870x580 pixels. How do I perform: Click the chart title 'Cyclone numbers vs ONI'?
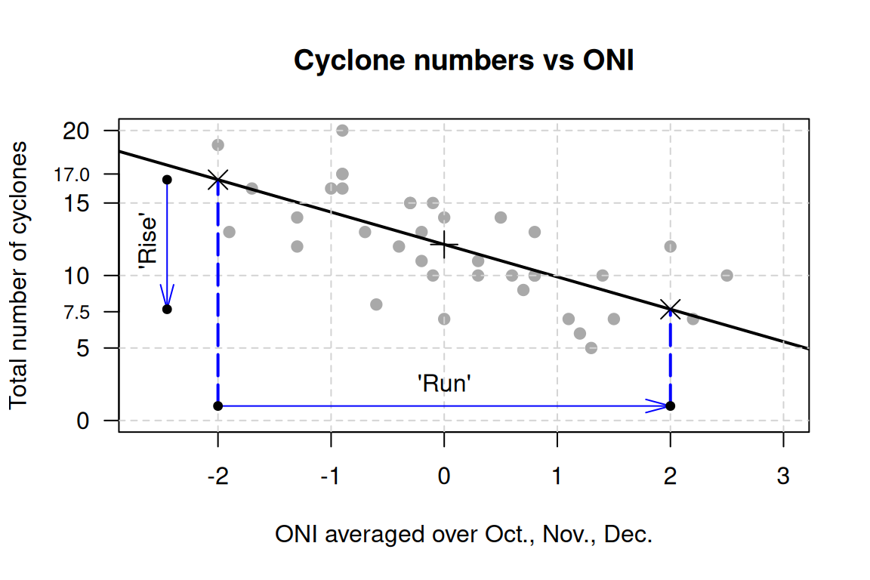[x=464, y=61]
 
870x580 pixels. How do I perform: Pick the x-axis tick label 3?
[x=783, y=477]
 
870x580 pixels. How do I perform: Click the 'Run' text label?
[x=445, y=384]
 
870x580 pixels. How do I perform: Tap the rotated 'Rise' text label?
[x=149, y=242]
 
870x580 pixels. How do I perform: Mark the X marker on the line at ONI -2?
[x=218, y=179]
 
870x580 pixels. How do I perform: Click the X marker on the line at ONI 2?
[x=670, y=308]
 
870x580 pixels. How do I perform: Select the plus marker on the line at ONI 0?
[x=444, y=244]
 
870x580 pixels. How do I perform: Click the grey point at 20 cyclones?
[x=342, y=131]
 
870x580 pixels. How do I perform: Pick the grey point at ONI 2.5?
[x=727, y=276]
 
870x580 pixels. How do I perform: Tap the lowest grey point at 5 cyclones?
[x=591, y=348]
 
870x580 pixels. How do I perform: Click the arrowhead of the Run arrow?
[x=659, y=406]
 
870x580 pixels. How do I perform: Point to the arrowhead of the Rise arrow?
[x=167, y=296]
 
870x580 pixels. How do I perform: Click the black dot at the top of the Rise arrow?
[x=167, y=180]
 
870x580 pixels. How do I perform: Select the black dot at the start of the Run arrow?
[x=218, y=406]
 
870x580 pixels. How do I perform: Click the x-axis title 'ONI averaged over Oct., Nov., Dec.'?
[x=464, y=535]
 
